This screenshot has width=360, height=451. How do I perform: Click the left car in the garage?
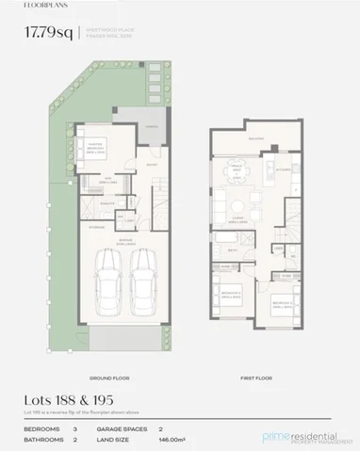pyautogui.click(x=108, y=283)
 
